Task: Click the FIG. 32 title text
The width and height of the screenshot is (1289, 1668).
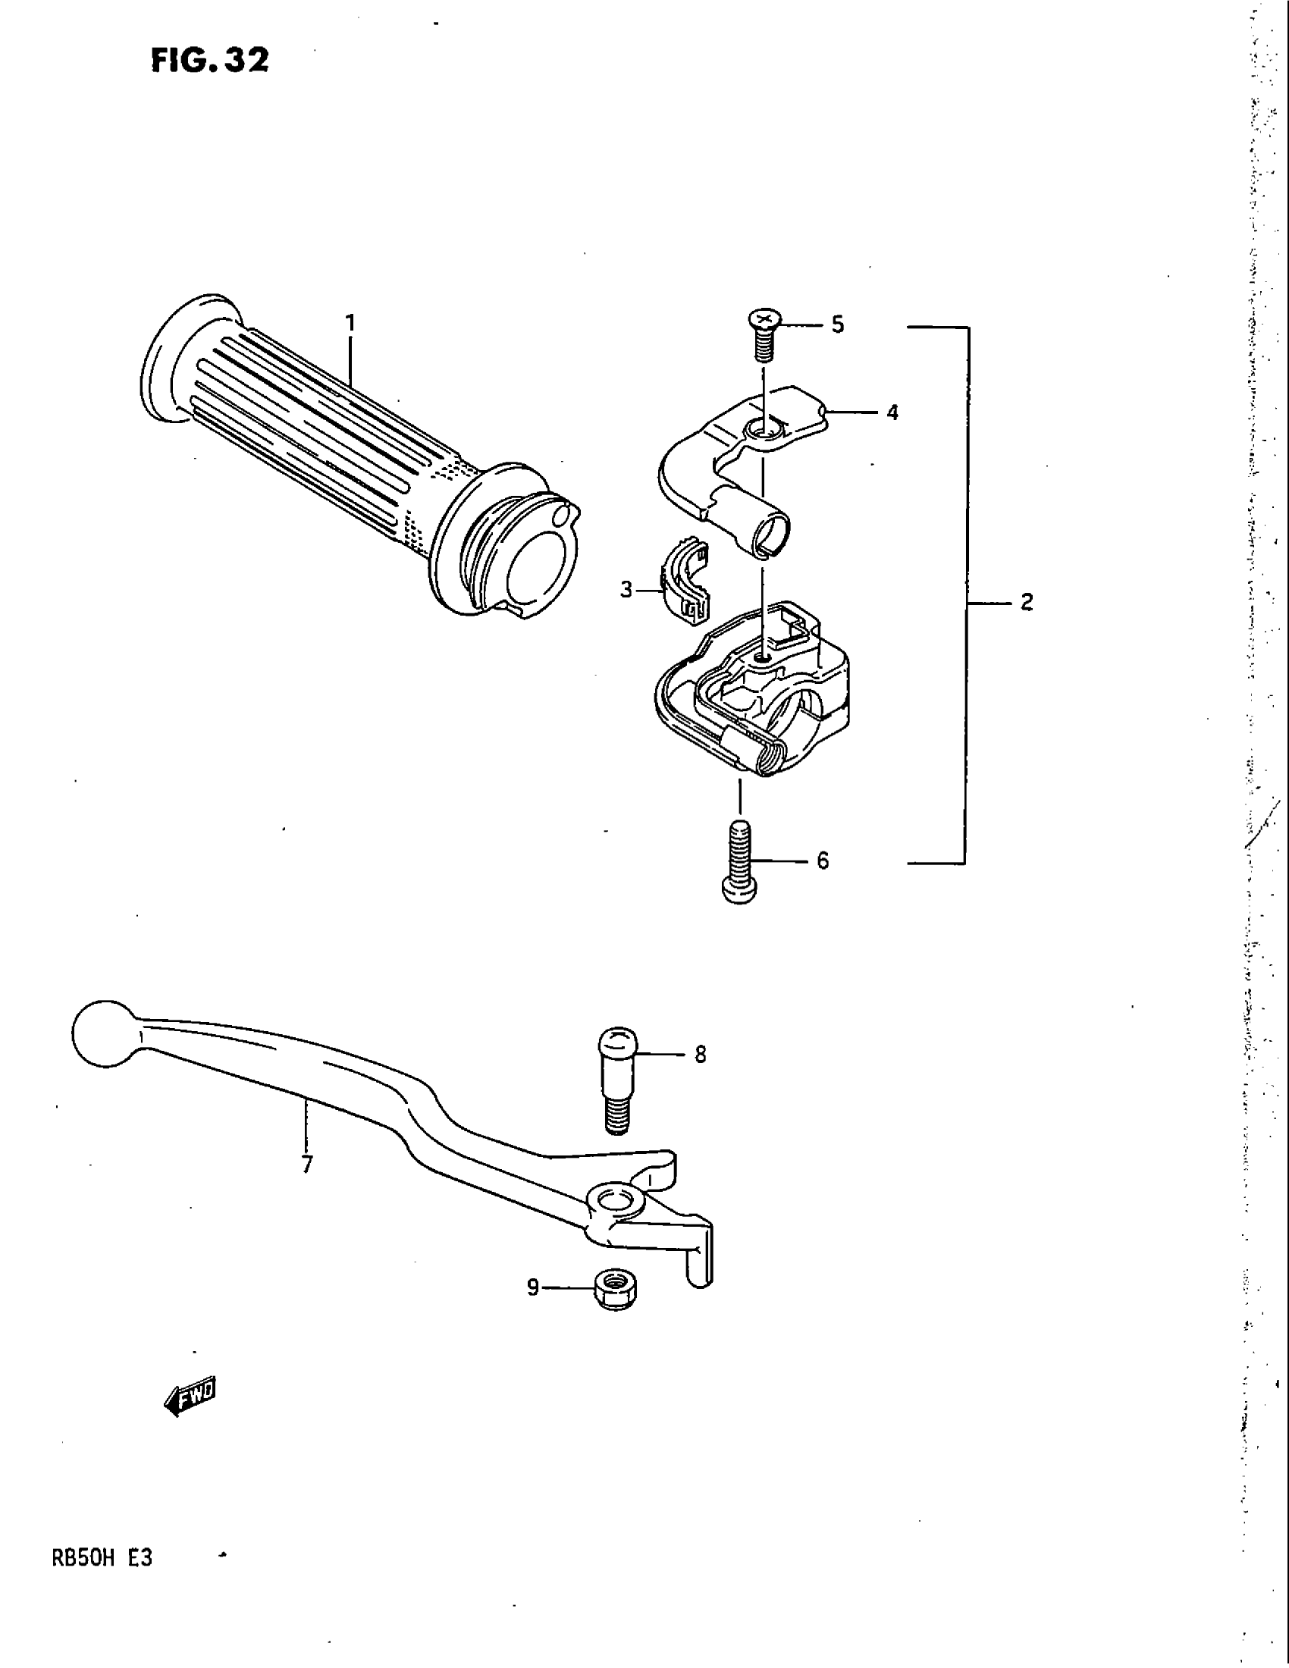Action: click(209, 61)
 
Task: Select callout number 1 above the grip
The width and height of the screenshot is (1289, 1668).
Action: click(350, 323)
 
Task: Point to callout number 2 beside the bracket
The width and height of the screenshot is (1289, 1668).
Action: click(1027, 602)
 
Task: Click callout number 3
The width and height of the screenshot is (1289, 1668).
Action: click(626, 590)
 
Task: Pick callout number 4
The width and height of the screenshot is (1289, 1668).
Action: click(892, 412)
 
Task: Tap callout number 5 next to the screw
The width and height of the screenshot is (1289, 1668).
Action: click(838, 325)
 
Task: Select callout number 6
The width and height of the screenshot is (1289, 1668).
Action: click(823, 861)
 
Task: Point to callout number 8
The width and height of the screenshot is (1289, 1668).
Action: click(701, 1055)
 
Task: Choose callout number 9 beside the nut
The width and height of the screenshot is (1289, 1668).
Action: click(533, 1287)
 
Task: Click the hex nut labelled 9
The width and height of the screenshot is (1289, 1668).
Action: click(616, 1290)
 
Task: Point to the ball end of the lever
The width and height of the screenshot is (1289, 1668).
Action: click(102, 1033)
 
